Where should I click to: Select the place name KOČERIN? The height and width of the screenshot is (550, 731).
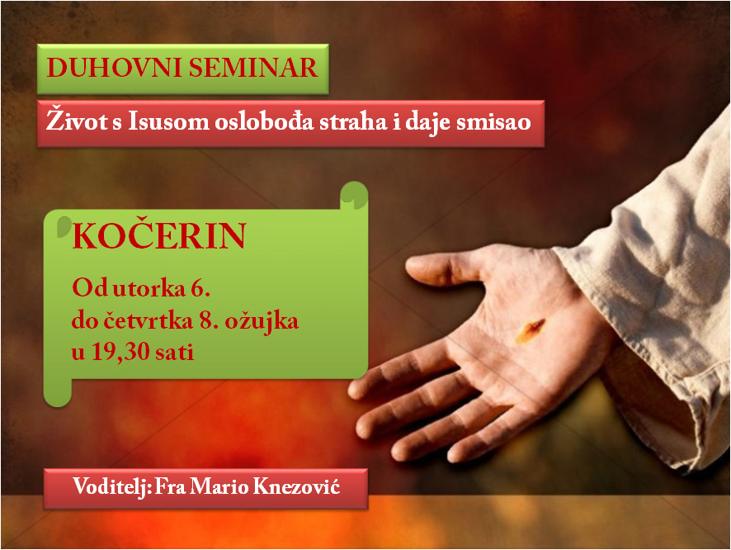(x=158, y=238)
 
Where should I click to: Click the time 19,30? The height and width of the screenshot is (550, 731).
(x=117, y=353)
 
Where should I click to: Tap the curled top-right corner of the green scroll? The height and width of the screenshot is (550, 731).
(x=355, y=195)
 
